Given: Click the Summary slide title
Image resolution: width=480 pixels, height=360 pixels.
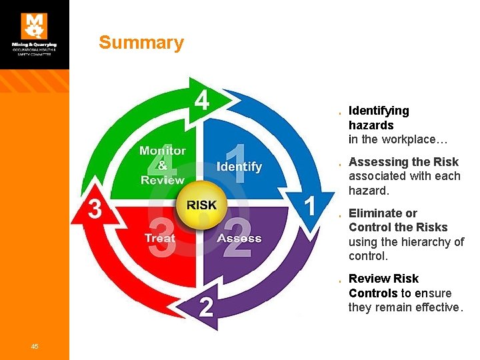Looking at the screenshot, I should (x=141, y=43).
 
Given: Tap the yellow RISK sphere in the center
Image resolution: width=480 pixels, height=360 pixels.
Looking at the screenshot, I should (x=201, y=205).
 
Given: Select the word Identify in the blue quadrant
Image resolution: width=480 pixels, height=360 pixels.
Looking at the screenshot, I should (x=239, y=167).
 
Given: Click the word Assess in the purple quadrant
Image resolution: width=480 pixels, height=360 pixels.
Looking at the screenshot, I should (x=239, y=238).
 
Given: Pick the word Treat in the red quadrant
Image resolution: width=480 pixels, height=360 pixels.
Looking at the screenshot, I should (x=160, y=238).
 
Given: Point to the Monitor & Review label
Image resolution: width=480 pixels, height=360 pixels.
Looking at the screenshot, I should (x=163, y=165).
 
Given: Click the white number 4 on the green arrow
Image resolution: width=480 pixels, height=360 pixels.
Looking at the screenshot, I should (x=203, y=101).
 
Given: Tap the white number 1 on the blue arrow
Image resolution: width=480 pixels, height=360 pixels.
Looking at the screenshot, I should (x=310, y=206).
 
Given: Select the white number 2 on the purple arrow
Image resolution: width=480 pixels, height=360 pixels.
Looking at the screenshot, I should (x=207, y=307).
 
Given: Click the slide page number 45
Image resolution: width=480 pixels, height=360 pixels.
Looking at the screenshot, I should (x=35, y=345).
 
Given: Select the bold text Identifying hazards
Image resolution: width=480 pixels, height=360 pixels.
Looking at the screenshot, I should (x=379, y=118).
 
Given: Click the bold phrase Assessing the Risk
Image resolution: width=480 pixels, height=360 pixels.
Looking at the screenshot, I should (x=403, y=162).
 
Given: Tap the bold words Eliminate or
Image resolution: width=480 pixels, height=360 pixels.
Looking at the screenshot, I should (x=383, y=213).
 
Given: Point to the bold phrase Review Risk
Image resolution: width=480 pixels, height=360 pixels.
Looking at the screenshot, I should (x=383, y=279).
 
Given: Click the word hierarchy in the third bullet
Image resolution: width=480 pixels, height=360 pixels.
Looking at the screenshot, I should (x=428, y=242).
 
